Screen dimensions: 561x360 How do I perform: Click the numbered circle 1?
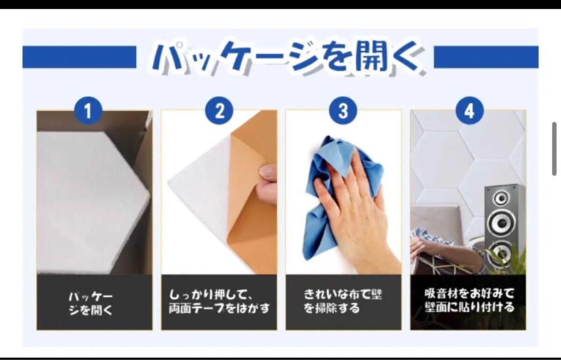coord(88,110)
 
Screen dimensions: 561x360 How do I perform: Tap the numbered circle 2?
coord(219,110)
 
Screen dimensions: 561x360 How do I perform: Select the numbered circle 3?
coord(343,110)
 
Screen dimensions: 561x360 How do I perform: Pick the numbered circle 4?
coord(469,110)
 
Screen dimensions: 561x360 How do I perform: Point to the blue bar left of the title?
coord(79,57)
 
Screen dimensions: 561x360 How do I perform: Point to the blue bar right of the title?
coord(486,57)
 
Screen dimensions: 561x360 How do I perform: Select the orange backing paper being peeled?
coord(253,201)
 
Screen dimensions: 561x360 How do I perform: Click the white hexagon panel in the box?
coord(93,201)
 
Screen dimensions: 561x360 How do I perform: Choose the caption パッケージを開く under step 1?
coord(91,304)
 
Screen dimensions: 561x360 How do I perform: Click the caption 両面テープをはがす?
coord(219,309)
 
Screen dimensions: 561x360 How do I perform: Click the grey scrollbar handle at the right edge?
coord(554,149)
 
